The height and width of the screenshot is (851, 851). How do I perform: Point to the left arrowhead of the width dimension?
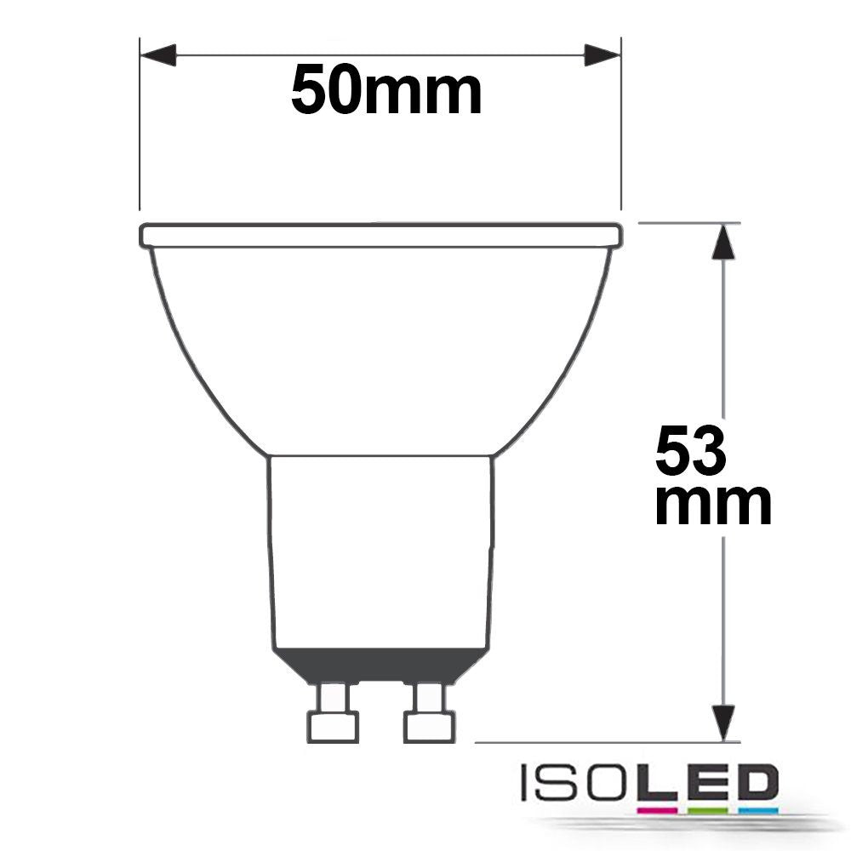pyautogui.click(x=158, y=57)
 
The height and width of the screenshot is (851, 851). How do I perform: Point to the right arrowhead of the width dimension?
pyautogui.click(x=603, y=57)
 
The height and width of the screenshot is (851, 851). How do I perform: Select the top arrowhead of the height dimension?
pyautogui.click(x=723, y=241)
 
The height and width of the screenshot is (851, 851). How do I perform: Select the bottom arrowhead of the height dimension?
pyautogui.click(x=723, y=722)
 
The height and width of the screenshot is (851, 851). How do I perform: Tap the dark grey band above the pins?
pyautogui.click(x=380, y=665)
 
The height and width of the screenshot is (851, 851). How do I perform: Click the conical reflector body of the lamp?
pyautogui.click(x=380, y=349)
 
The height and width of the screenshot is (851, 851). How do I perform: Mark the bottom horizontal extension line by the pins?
pyautogui.click(x=596, y=742)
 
